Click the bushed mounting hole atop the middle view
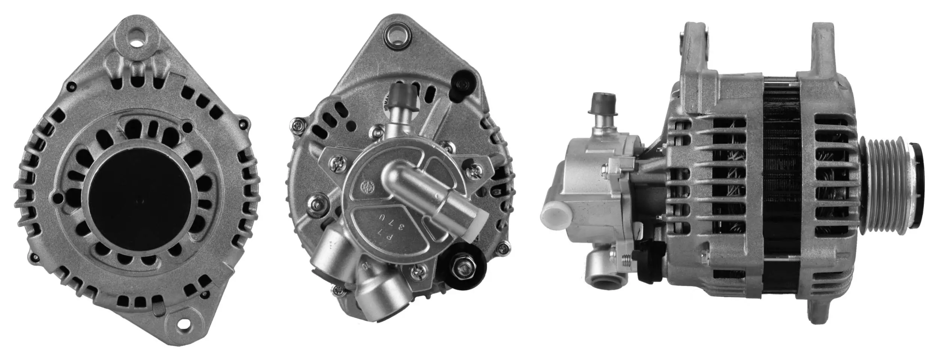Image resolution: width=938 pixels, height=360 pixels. point(397,36)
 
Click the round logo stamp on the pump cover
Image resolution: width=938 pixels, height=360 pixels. point(365,186)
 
